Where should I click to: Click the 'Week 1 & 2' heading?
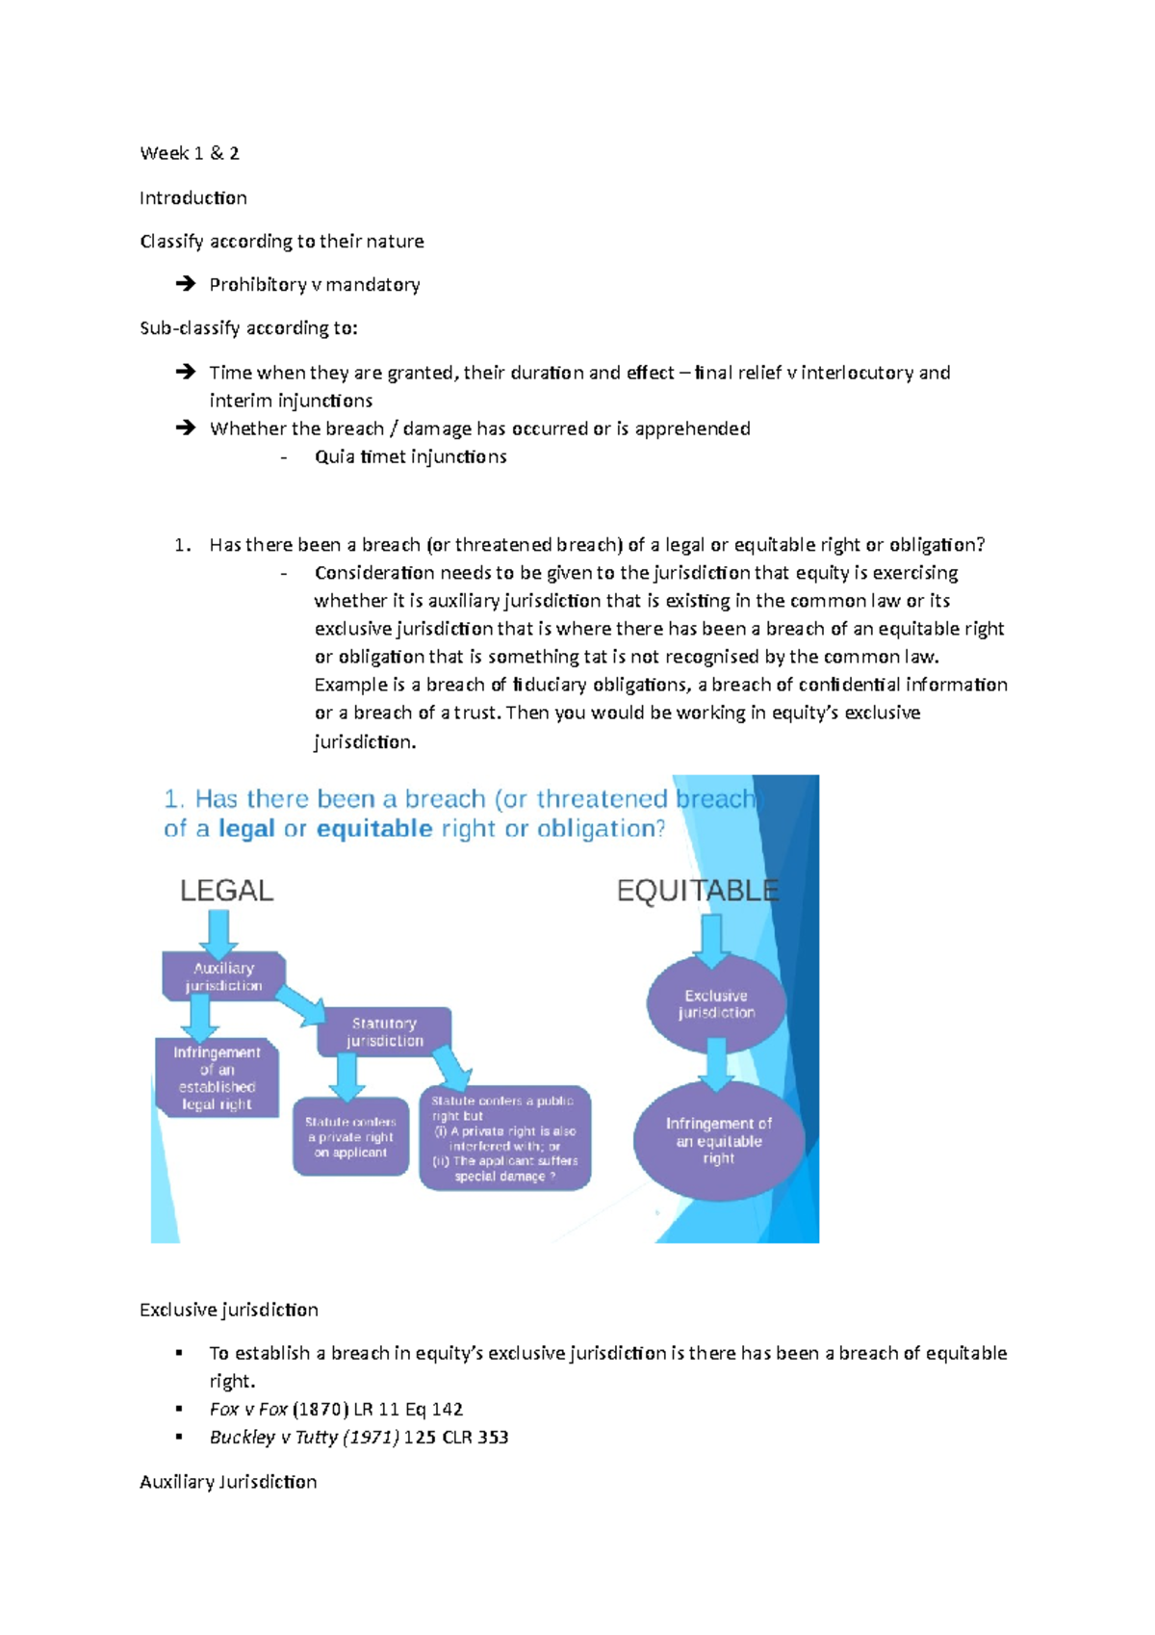tap(190, 153)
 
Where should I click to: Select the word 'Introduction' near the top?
tap(193, 197)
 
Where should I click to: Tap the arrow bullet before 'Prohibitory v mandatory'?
tap(185, 284)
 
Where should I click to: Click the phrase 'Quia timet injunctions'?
tap(410, 456)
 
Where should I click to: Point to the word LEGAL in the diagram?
tap(227, 890)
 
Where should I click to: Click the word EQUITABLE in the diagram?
tap(697, 890)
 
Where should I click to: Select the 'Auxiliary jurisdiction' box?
tap(223, 976)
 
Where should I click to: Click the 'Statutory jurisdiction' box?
tap(385, 1031)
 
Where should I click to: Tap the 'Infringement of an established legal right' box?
tap(217, 1078)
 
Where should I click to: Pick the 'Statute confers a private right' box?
tap(350, 1136)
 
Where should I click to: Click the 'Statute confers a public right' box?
tap(504, 1138)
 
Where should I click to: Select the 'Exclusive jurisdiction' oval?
tap(716, 1003)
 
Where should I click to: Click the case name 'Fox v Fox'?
tap(248, 1409)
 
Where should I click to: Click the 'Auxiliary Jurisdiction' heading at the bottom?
tap(228, 1481)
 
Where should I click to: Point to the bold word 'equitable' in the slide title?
tap(374, 828)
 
